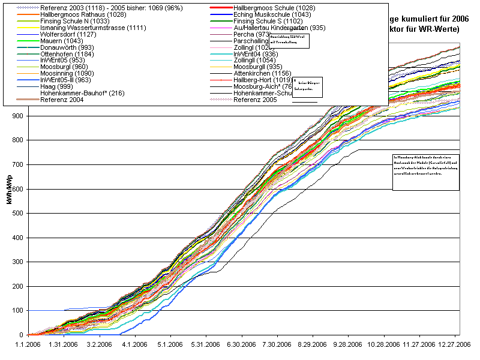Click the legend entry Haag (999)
58,86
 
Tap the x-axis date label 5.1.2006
170,345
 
